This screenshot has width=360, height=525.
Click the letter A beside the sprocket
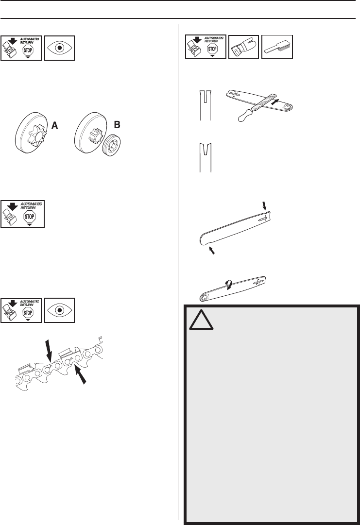[55, 125]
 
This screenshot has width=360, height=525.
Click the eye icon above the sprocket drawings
[59, 48]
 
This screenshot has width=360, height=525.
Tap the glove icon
[243, 48]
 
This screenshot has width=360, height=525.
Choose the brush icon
[277, 48]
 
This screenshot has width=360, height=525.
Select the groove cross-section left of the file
[203, 104]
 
